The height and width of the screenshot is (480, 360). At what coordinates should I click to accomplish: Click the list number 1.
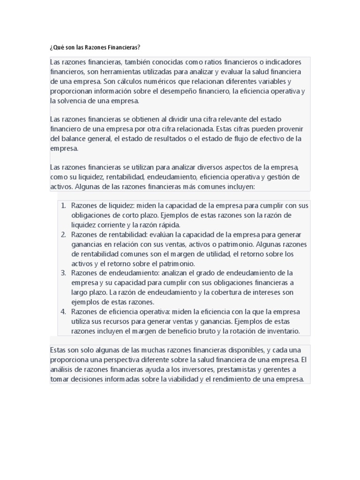tap(64, 205)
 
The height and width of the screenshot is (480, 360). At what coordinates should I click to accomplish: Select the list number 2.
tap(64, 234)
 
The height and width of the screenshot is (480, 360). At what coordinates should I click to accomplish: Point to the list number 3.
tap(64, 273)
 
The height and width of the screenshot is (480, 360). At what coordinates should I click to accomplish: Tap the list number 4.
tap(64, 312)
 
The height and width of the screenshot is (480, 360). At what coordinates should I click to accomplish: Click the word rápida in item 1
tap(170, 225)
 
